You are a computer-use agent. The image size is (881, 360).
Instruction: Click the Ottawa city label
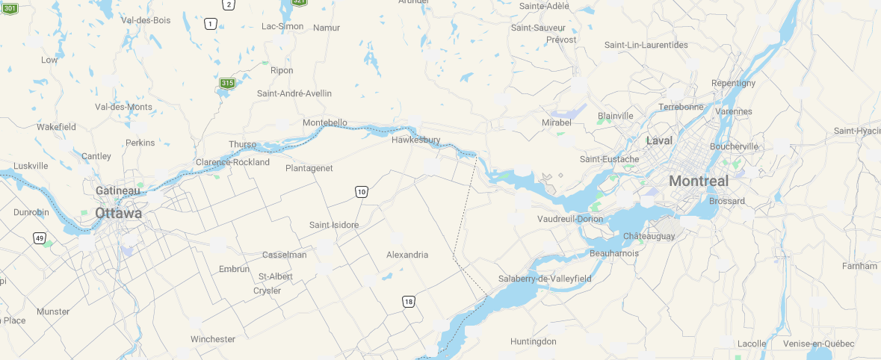118,214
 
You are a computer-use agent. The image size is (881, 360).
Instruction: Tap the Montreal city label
698,181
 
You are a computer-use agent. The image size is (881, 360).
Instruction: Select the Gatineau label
118,191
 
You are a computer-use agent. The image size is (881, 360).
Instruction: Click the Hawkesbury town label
415,140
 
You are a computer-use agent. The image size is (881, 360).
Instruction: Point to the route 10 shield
362,192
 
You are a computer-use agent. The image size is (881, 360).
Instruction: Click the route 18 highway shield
408,302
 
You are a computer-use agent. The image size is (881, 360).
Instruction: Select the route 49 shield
39,238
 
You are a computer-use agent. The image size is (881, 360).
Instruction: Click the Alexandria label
407,255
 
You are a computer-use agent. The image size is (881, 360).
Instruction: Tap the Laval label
659,140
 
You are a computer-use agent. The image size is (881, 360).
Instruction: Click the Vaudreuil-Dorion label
570,219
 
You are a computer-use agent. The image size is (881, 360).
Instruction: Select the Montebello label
325,122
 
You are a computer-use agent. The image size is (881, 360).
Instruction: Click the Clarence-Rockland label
232,162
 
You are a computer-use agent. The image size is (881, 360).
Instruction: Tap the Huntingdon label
534,341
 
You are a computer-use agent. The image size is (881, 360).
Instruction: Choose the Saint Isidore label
334,225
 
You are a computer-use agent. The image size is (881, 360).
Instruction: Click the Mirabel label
556,122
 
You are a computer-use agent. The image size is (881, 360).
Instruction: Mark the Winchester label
213,339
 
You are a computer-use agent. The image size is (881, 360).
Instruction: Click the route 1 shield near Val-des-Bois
211,25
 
